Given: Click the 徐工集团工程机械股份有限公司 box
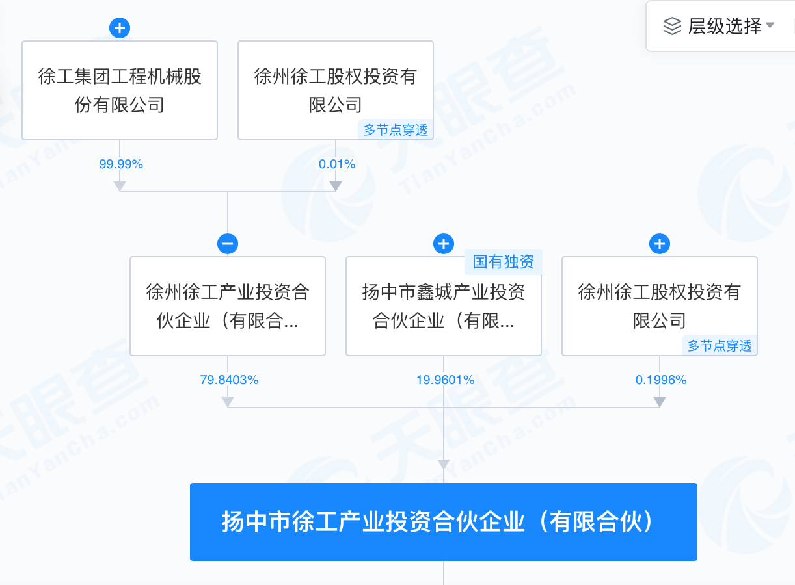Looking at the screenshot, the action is click(x=120, y=90).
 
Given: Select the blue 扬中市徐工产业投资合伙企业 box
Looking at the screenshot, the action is click(x=443, y=522).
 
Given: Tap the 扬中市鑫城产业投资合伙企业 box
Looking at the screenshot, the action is click(x=443, y=306).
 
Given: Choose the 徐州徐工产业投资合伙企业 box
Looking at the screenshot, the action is click(x=227, y=306).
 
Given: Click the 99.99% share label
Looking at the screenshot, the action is click(x=121, y=164).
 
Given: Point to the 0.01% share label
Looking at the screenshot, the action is click(x=337, y=164).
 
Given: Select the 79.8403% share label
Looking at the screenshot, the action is click(x=229, y=380).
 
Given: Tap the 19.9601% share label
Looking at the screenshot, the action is click(x=445, y=380).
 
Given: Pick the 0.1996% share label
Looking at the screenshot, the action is click(x=661, y=380).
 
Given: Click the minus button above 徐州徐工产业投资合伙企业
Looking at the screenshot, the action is click(x=228, y=244).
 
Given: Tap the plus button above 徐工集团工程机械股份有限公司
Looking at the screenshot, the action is click(x=120, y=28).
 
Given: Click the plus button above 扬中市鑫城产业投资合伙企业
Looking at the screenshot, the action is click(x=444, y=244).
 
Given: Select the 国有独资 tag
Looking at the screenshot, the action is click(x=503, y=262).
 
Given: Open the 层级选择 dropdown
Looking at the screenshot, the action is click(x=719, y=26).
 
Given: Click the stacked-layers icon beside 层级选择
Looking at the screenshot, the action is click(x=672, y=26).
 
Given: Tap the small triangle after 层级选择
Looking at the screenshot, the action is click(x=770, y=26).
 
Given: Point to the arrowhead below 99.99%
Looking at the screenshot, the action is click(x=120, y=187).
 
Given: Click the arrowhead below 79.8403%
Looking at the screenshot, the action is click(x=228, y=402).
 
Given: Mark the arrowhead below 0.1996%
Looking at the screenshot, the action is click(x=660, y=402).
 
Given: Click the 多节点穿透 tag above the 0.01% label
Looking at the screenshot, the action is click(x=396, y=130).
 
